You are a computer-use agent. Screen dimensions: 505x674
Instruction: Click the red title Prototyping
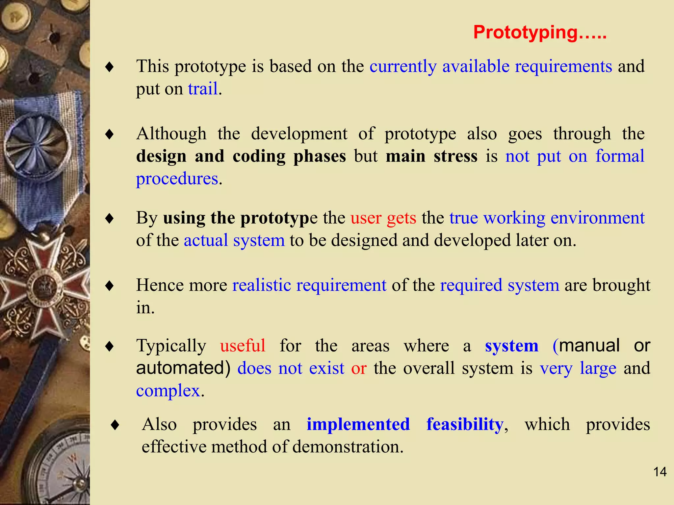[540, 33]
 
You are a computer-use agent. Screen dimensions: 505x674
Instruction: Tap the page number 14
[660, 472]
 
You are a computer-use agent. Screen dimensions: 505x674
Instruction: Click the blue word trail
[203, 89]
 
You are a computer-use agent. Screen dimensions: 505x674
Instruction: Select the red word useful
[243, 346]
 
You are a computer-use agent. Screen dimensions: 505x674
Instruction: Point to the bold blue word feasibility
[465, 424]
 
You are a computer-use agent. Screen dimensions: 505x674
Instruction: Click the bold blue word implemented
[358, 424]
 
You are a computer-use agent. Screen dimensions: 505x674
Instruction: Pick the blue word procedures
[177, 179]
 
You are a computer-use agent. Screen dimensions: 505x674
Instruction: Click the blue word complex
[168, 391]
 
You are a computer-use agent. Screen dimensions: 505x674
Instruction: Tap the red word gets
[401, 218]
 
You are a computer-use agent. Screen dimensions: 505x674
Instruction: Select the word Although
[171, 134]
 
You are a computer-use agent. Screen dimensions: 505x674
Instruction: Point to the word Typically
[171, 346]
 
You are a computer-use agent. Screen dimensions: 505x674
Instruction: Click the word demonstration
[348, 447]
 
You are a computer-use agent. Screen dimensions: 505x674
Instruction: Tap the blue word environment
[597, 218]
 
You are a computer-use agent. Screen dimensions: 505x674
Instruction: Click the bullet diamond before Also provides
[115, 425]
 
